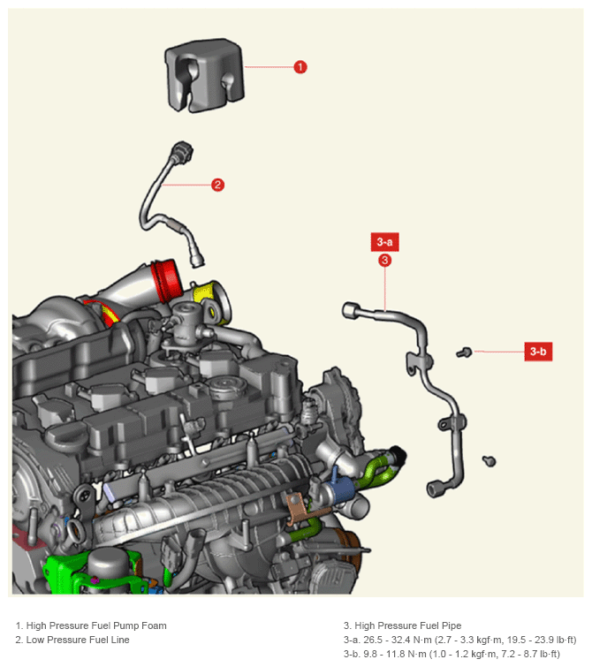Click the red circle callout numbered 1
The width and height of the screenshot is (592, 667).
300,67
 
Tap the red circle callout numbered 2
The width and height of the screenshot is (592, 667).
218,185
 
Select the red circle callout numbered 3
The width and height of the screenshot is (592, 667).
384,260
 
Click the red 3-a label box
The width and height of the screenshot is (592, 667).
384,242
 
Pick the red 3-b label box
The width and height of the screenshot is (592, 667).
538,352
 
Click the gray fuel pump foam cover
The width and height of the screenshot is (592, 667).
204,76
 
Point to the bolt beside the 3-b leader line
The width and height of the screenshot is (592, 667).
464,352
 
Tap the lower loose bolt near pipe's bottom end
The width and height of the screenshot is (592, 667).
490,460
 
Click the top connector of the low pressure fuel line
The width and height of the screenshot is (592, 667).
182,152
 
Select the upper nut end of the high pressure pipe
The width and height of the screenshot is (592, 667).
351,310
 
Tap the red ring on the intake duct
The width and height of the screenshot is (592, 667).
167,280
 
